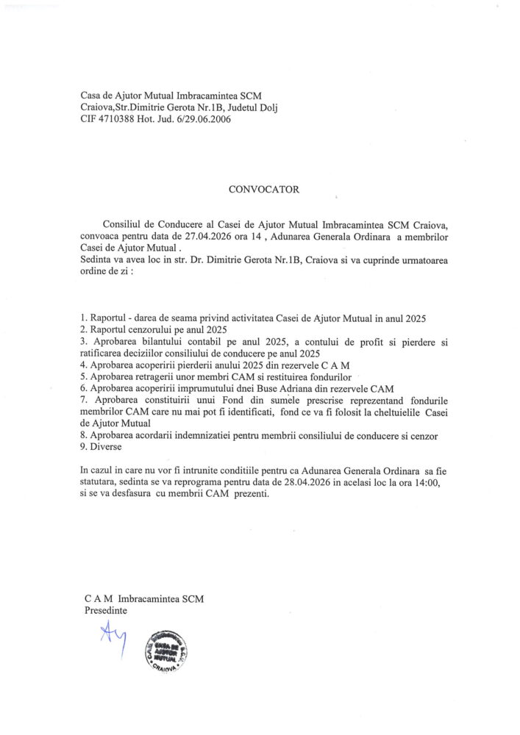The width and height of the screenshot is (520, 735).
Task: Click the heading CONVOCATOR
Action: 264,189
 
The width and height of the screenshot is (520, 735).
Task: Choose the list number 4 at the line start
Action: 83,365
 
